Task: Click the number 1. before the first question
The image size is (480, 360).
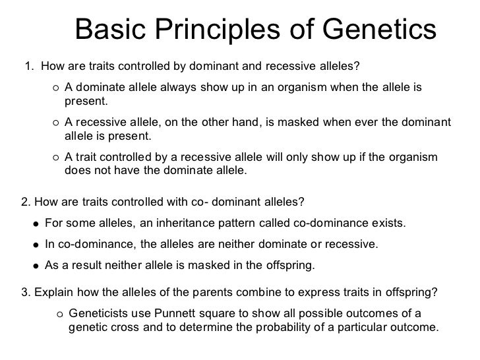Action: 29,66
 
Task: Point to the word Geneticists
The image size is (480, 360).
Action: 98,313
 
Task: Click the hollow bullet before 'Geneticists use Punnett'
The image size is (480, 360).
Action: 60,313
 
